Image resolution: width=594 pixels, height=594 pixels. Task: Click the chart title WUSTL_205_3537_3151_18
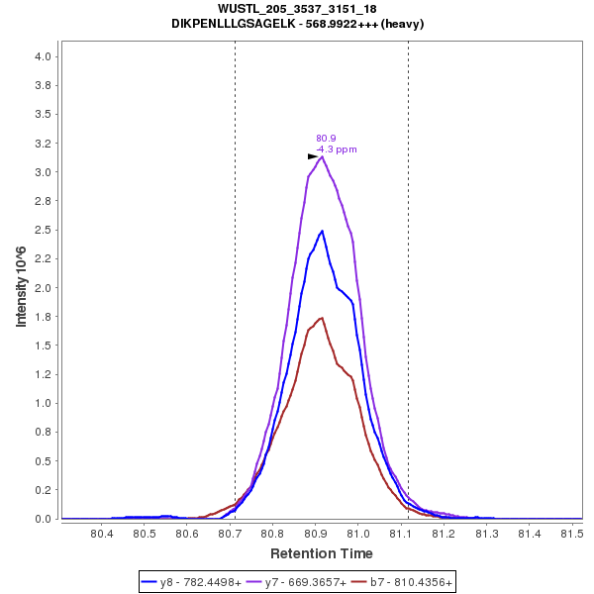(x=297, y=9)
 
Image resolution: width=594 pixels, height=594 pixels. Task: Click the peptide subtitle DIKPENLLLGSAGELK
(x=297, y=24)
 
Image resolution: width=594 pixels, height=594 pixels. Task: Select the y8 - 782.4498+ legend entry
(x=192, y=583)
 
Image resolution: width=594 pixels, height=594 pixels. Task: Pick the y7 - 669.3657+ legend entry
(x=296, y=583)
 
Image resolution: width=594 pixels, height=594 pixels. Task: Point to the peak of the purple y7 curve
(x=323, y=156)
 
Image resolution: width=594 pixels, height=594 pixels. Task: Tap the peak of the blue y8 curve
(x=322, y=231)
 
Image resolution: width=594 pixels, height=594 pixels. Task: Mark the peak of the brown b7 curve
(x=322, y=318)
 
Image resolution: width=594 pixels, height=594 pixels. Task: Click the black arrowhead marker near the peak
(x=313, y=156)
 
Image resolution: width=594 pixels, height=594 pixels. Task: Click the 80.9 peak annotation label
(x=326, y=139)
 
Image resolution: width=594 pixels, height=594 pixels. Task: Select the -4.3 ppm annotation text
(x=337, y=149)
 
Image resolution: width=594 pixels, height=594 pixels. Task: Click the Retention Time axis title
(x=322, y=553)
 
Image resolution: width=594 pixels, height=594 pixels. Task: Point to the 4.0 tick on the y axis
(x=43, y=56)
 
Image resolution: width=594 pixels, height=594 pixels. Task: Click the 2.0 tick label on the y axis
(x=43, y=288)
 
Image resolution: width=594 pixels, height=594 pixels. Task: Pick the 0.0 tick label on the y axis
(x=43, y=519)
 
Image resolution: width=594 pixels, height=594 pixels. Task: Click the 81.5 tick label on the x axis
(x=570, y=535)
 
